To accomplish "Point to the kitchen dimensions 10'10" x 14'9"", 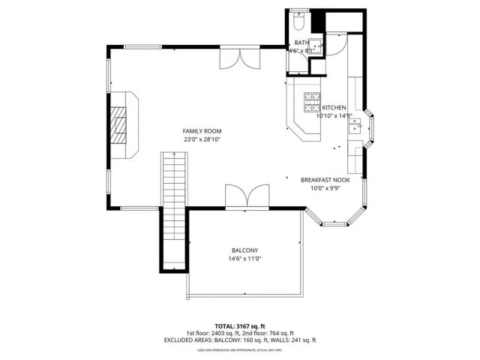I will [334, 116].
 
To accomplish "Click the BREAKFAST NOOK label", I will [325, 180].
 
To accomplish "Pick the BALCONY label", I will [244, 250].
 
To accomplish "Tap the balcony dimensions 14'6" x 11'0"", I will [244, 259].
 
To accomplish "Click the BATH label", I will [301, 43].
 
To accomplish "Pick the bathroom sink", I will [317, 44].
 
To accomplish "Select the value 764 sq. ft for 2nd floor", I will [278, 332].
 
